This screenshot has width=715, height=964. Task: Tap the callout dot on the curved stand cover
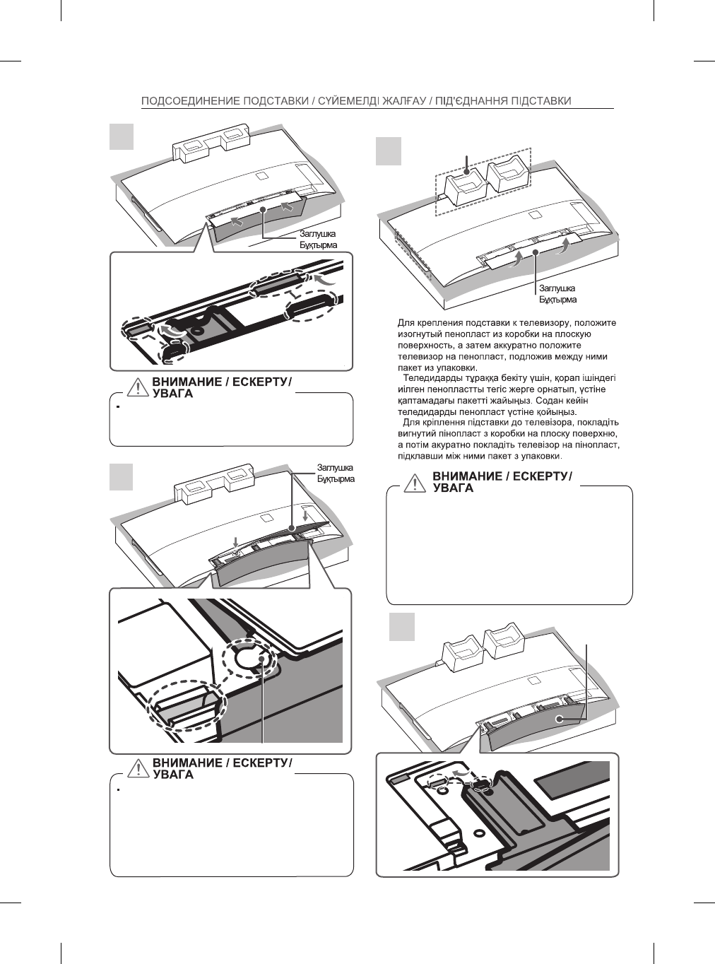(x=559, y=719)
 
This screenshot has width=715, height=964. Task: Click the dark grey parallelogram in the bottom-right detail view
(x=572, y=785)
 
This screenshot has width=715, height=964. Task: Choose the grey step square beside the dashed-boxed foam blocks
(x=389, y=151)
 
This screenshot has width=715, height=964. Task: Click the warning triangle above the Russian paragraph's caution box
(x=416, y=483)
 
